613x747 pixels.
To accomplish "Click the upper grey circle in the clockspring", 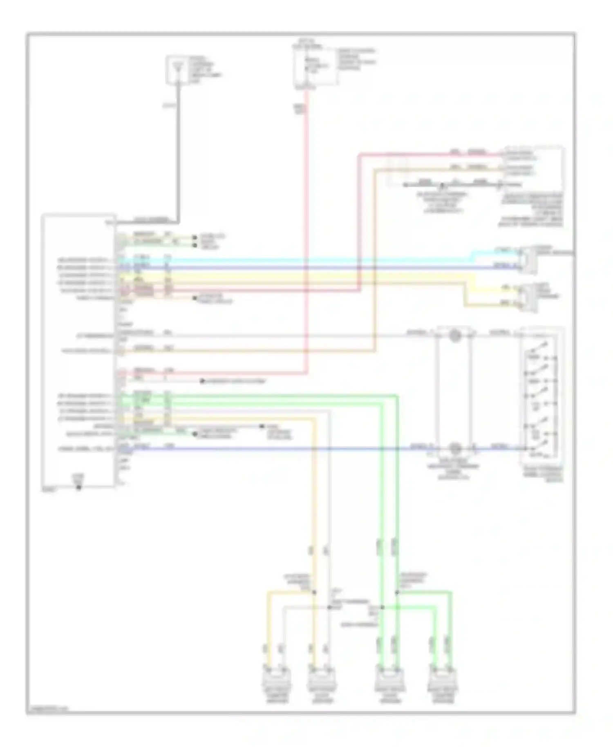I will pyautogui.click(x=454, y=336).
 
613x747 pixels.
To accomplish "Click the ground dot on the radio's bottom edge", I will pyautogui.click(x=78, y=487).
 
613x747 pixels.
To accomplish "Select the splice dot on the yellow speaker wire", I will pyautogui.click(x=314, y=592).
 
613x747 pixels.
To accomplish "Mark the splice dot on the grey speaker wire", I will pyautogui.click(x=329, y=607).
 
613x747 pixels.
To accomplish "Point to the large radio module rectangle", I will pyautogui.click(x=78, y=351).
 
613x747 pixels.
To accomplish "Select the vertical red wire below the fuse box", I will pyautogui.click(x=306, y=229).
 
